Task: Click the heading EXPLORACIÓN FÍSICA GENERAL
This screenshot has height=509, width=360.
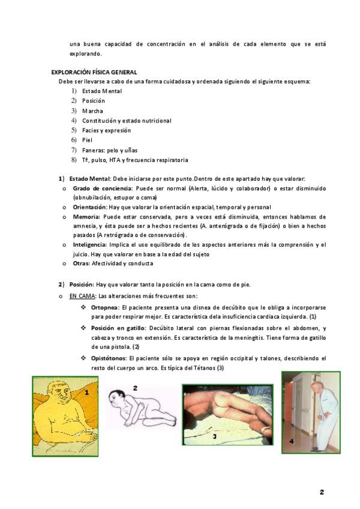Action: coord(94,72)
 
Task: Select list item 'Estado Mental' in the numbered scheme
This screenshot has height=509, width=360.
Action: coord(102,91)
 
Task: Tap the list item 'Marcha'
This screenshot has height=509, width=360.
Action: coord(92,111)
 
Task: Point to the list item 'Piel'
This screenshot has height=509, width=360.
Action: coord(88,140)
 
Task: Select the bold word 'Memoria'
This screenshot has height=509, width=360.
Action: coord(87,217)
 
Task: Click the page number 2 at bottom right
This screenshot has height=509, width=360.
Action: coord(322,492)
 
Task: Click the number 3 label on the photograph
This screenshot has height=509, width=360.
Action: coord(214,437)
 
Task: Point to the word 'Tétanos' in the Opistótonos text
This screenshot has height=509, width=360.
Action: coord(204,368)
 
